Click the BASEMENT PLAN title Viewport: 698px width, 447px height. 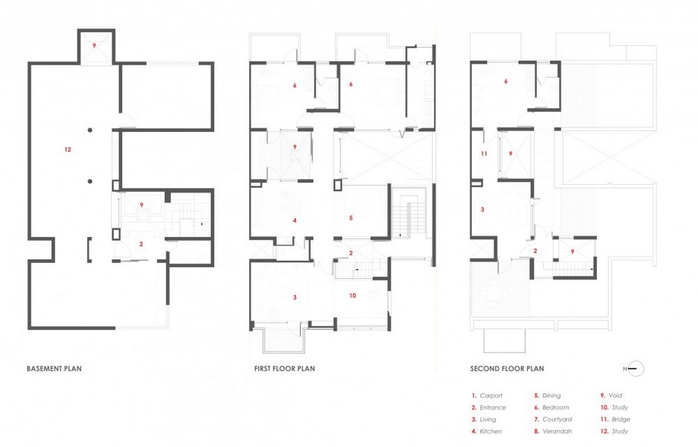click(54, 369)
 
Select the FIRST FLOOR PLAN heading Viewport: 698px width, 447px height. click(284, 369)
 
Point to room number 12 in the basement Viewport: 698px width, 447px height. click(67, 149)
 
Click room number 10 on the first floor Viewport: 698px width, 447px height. click(353, 295)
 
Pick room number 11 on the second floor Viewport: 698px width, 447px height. click(483, 154)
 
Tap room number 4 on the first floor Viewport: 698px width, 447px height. click(295, 221)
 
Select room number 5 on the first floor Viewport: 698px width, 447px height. click(351, 219)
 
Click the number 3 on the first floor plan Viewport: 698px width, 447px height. click(295, 297)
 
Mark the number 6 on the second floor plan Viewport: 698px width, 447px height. click(506, 81)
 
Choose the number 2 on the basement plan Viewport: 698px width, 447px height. click(141, 244)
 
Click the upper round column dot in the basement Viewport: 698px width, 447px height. click(90, 130)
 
